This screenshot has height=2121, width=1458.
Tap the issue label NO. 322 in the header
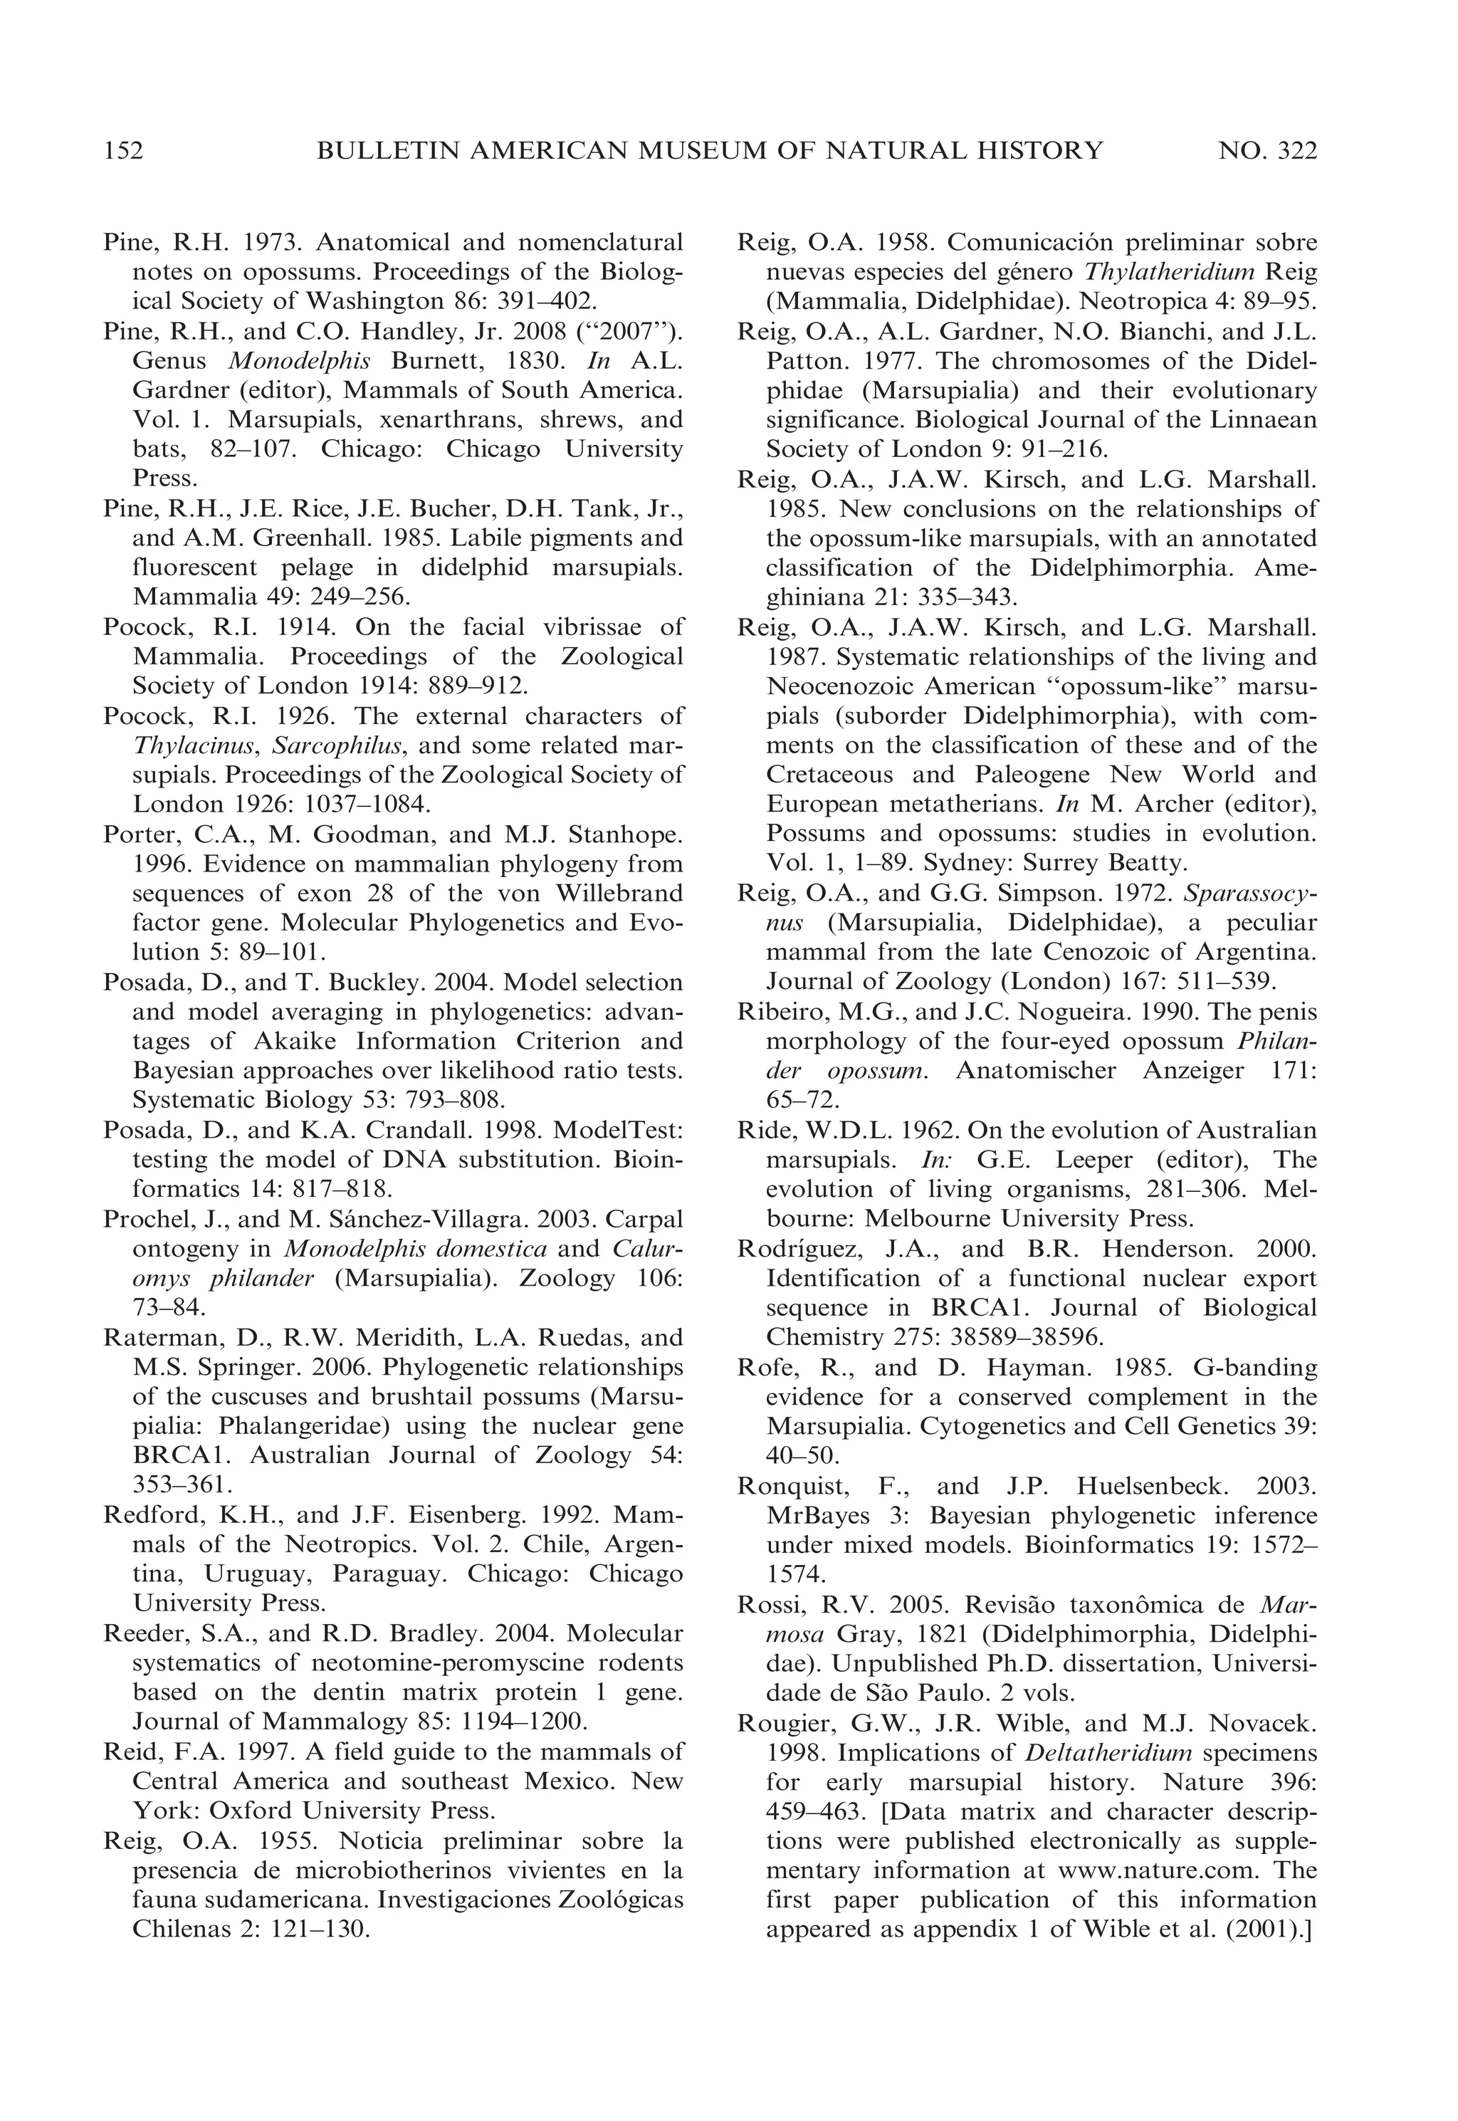(x=1268, y=151)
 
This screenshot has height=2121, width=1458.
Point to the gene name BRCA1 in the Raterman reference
(x=174, y=1455)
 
